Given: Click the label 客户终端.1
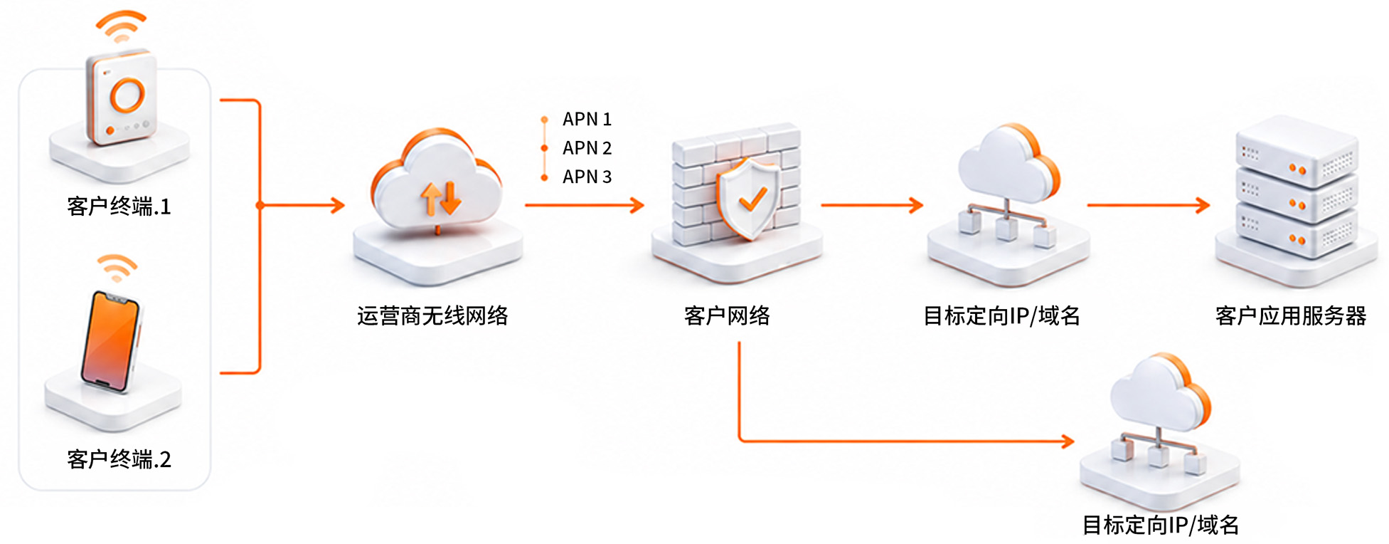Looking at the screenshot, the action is coord(119,206).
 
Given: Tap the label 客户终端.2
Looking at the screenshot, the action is coord(119,459).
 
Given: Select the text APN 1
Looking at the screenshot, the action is coord(587,119).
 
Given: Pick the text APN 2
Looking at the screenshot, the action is coord(587,147).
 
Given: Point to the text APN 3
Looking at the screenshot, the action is coord(587,176).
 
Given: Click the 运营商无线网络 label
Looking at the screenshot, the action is coord(432,315).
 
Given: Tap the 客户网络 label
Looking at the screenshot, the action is coord(727,315).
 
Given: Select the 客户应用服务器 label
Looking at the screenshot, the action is coord(1291,315).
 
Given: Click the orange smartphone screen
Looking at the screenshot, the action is coord(110,340).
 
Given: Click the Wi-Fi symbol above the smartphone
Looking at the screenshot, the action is coord(117,267).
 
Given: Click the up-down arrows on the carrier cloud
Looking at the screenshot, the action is coord(441,198).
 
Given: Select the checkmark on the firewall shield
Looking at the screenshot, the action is coord(752,199).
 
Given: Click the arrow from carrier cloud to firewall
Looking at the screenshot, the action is coord(585,205).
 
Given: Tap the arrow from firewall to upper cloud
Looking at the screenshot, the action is coord(872,205).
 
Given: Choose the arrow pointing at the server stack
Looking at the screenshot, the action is coord(1149,205).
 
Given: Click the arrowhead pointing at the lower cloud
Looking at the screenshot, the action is coord(1068,441).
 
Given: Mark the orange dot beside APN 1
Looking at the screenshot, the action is coord(545,120).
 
